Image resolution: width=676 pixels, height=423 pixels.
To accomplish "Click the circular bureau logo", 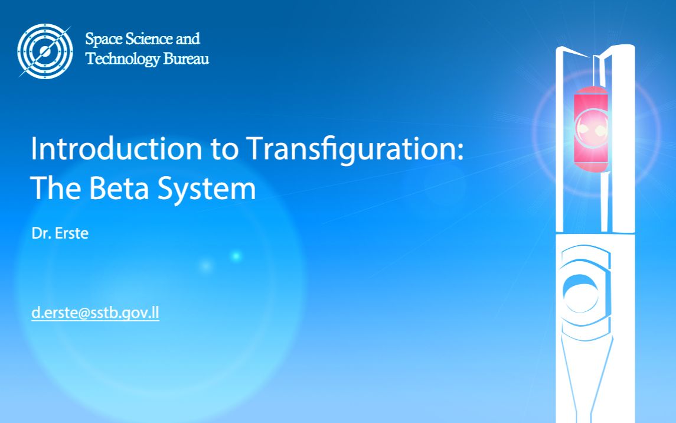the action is (45, 51).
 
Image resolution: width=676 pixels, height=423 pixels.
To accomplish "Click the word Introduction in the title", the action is (116, 149).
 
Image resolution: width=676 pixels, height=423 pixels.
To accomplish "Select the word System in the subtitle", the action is (207, 189).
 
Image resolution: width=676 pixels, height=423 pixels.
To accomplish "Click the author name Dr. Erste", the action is (60, 233).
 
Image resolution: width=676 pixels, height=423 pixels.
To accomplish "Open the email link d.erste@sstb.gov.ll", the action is (95, 313).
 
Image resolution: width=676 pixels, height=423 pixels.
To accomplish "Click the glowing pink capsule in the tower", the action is (591, 129).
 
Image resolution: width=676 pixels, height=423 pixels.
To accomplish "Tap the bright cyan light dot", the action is (236, 256).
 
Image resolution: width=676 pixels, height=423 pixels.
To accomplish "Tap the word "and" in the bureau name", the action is (188, 39).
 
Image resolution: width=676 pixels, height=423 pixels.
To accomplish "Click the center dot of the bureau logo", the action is (45, 51).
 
